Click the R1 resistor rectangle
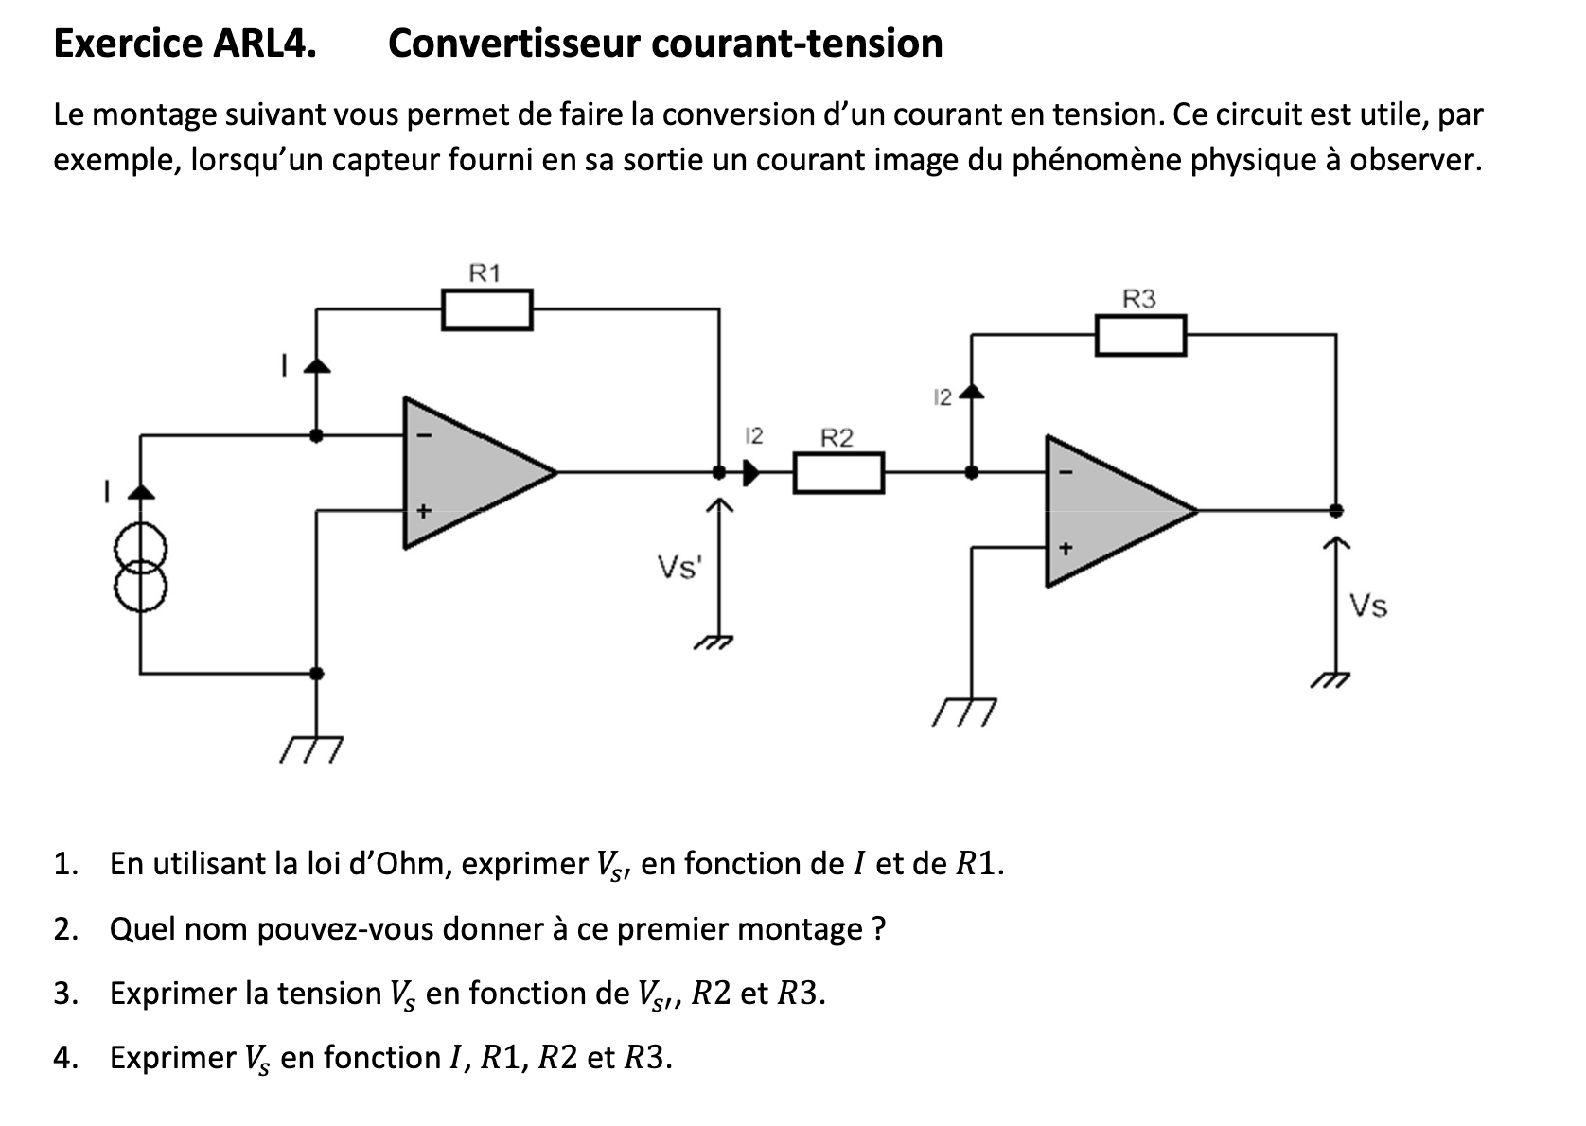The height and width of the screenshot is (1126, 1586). [x=486, y=310]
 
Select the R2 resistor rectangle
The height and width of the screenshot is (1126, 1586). [x=837, y=473]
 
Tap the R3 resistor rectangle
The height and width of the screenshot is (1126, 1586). [x=1140, y=336]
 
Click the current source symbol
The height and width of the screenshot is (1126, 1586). [x=141, y=567]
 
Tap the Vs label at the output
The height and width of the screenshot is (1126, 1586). [x=1368, y=606]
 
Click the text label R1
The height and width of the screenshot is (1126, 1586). [x=485, y=273]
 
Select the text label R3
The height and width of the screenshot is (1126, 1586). [x=1139, y=299]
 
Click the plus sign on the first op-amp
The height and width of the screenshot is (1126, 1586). [x=424, y=511]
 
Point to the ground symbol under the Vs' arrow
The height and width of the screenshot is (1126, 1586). [x=715, y=644]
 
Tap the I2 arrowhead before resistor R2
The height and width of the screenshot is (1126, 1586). [x=751, y=472]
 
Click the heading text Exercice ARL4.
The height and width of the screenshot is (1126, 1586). [x=185, y=44]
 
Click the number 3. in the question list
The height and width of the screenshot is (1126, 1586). [x=65, y=994]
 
